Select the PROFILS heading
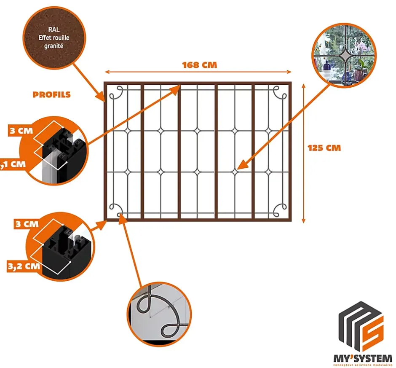click(x=51, y=94)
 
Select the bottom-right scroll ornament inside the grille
click(x=279, y=209)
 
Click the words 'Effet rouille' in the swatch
click(x=53, y=38)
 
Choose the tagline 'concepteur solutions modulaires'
click(x=362, y=365)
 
